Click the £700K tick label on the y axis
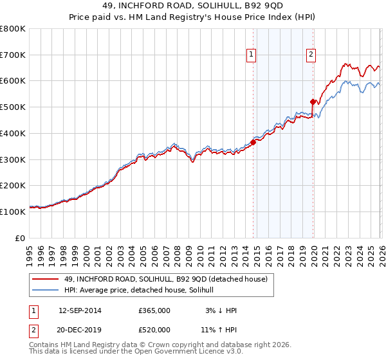(13, 55)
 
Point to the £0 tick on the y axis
(21, 238)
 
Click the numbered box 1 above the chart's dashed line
(250, 55)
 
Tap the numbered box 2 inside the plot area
(311, 55)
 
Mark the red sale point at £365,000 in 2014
(253, 143)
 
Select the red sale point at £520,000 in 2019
(313, 102)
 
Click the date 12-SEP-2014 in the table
(80, 310)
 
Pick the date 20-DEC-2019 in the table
(80, 329)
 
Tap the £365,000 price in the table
(154, 310)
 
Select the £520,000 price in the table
(154, 329)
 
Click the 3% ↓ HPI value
(221, 310)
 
